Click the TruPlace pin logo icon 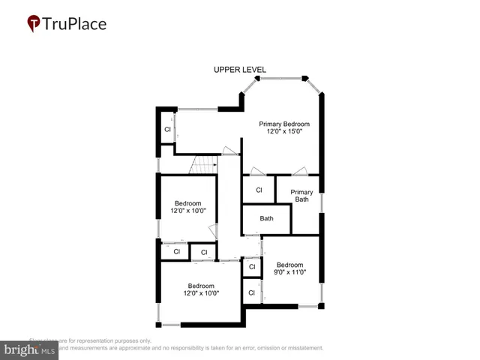[34, 24]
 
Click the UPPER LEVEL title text [240, 70]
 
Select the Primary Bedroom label [284, 124]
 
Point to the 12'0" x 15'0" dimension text [284, 132]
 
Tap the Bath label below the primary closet [266, 219]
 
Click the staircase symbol [202, 163]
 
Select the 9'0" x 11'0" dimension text [290, 273]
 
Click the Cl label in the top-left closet [167, 129]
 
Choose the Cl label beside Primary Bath [259, 190]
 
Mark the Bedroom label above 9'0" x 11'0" [290, 265]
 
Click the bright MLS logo [30, 349]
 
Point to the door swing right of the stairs [230, 152]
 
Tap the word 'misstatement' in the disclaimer [301, 348]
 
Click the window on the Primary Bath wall [322, 202]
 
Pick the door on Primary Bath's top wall [300, 171]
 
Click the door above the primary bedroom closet [256, 171]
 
